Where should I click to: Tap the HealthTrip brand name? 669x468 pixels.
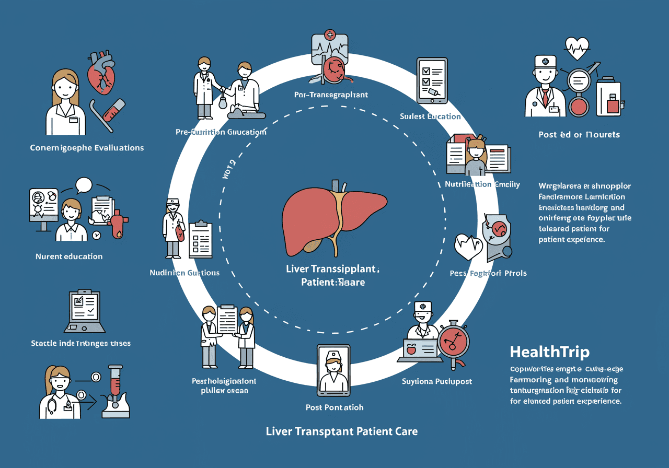(x=549, y=352)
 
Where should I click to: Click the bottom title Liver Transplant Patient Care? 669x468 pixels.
(x=342, y=432)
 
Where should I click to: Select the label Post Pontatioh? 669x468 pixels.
(x=334, y=407)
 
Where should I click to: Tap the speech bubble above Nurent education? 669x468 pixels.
(x=84, y=185)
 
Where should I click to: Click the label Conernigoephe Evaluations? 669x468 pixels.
(x=87, y=148)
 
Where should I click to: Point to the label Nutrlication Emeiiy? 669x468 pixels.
(x=482, y=184)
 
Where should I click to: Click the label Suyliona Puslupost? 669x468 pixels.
(x=437, y=381)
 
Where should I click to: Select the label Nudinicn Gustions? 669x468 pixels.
(x=184, y=273)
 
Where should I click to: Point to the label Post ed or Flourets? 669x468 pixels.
(x=579, y=135)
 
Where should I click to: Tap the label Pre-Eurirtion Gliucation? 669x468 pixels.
(x=221, y=132)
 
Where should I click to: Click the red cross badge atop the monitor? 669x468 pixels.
(x=330, y=36)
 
